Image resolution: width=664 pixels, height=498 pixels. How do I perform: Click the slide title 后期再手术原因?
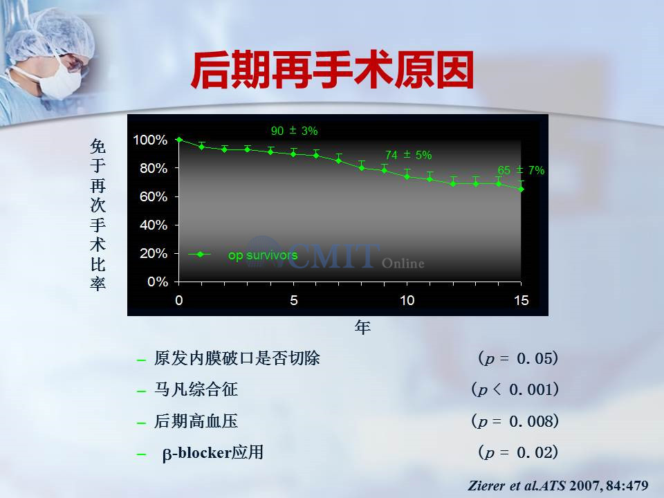pyautogui.click(x=333, y=70)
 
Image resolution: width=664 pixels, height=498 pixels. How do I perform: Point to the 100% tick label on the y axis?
pyautogui.click(x=150, y=140)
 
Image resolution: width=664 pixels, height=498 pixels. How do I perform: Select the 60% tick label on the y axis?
pyautogui.click(x=154, y=196)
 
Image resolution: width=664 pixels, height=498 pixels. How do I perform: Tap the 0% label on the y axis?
pyautogui.click(x=158, y=282)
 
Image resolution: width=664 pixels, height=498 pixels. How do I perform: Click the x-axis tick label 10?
pyautogui.click(x=407, y=300)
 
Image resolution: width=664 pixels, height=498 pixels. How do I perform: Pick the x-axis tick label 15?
pyautogui.click(x=522, y=300)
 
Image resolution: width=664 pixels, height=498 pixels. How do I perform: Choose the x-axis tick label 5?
pyautogui.click(x=293, y=300)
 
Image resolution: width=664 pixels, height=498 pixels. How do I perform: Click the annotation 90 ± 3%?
pyautogui.click(x=295, y=131)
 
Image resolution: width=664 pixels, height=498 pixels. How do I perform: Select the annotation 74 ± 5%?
pyautogui.click(x=408, y=155)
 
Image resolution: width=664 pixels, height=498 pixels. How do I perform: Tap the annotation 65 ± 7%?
pyautogui.click(x=521, y=170)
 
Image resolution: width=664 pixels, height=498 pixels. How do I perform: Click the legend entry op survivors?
pyautogui.click(x=263, y=255)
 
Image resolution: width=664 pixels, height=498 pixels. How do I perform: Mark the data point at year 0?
pyautogui.click(x=179, y=140)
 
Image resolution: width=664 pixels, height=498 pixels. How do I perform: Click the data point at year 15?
pyautogui.click(x=522, y=190)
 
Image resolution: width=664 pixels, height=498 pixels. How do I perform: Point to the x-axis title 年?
pyautogui.click(x=362, y=327)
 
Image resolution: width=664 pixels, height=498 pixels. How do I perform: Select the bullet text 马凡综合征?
pyautogui.click(x=196, y=389)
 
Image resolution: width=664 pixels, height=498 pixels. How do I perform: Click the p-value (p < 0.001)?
pyautogui.click(x=515, y=389)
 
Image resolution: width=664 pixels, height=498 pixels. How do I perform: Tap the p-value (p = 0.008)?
pyautogui.click(x=515, y=421)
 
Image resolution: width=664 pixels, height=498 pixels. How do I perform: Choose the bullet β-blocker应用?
pyautogui.click(x=212, y=452)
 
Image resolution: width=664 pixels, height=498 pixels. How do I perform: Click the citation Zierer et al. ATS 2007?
pyautogui.click(x=558, y=486)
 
